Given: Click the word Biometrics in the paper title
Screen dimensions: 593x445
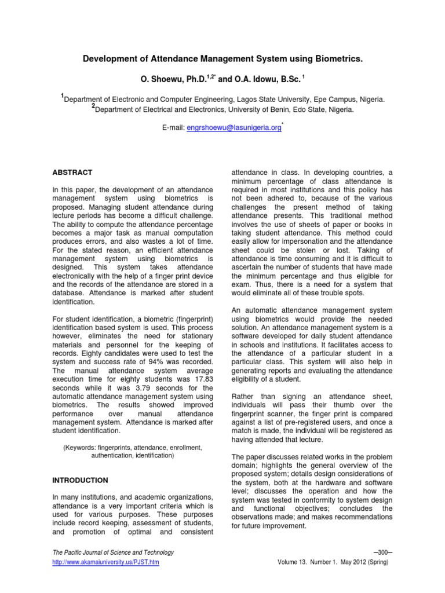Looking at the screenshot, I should [x=335, y=59].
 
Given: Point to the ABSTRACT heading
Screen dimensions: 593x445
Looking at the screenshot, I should [x=72, y=172].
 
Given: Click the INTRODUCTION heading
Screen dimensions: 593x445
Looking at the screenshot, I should [x=80, y=480].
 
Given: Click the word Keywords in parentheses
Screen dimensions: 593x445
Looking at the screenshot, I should [x=80, y=448].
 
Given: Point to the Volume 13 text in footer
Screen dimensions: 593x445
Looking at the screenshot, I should [x=298, y=563].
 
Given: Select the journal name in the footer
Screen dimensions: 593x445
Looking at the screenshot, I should [x=113, y=553].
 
